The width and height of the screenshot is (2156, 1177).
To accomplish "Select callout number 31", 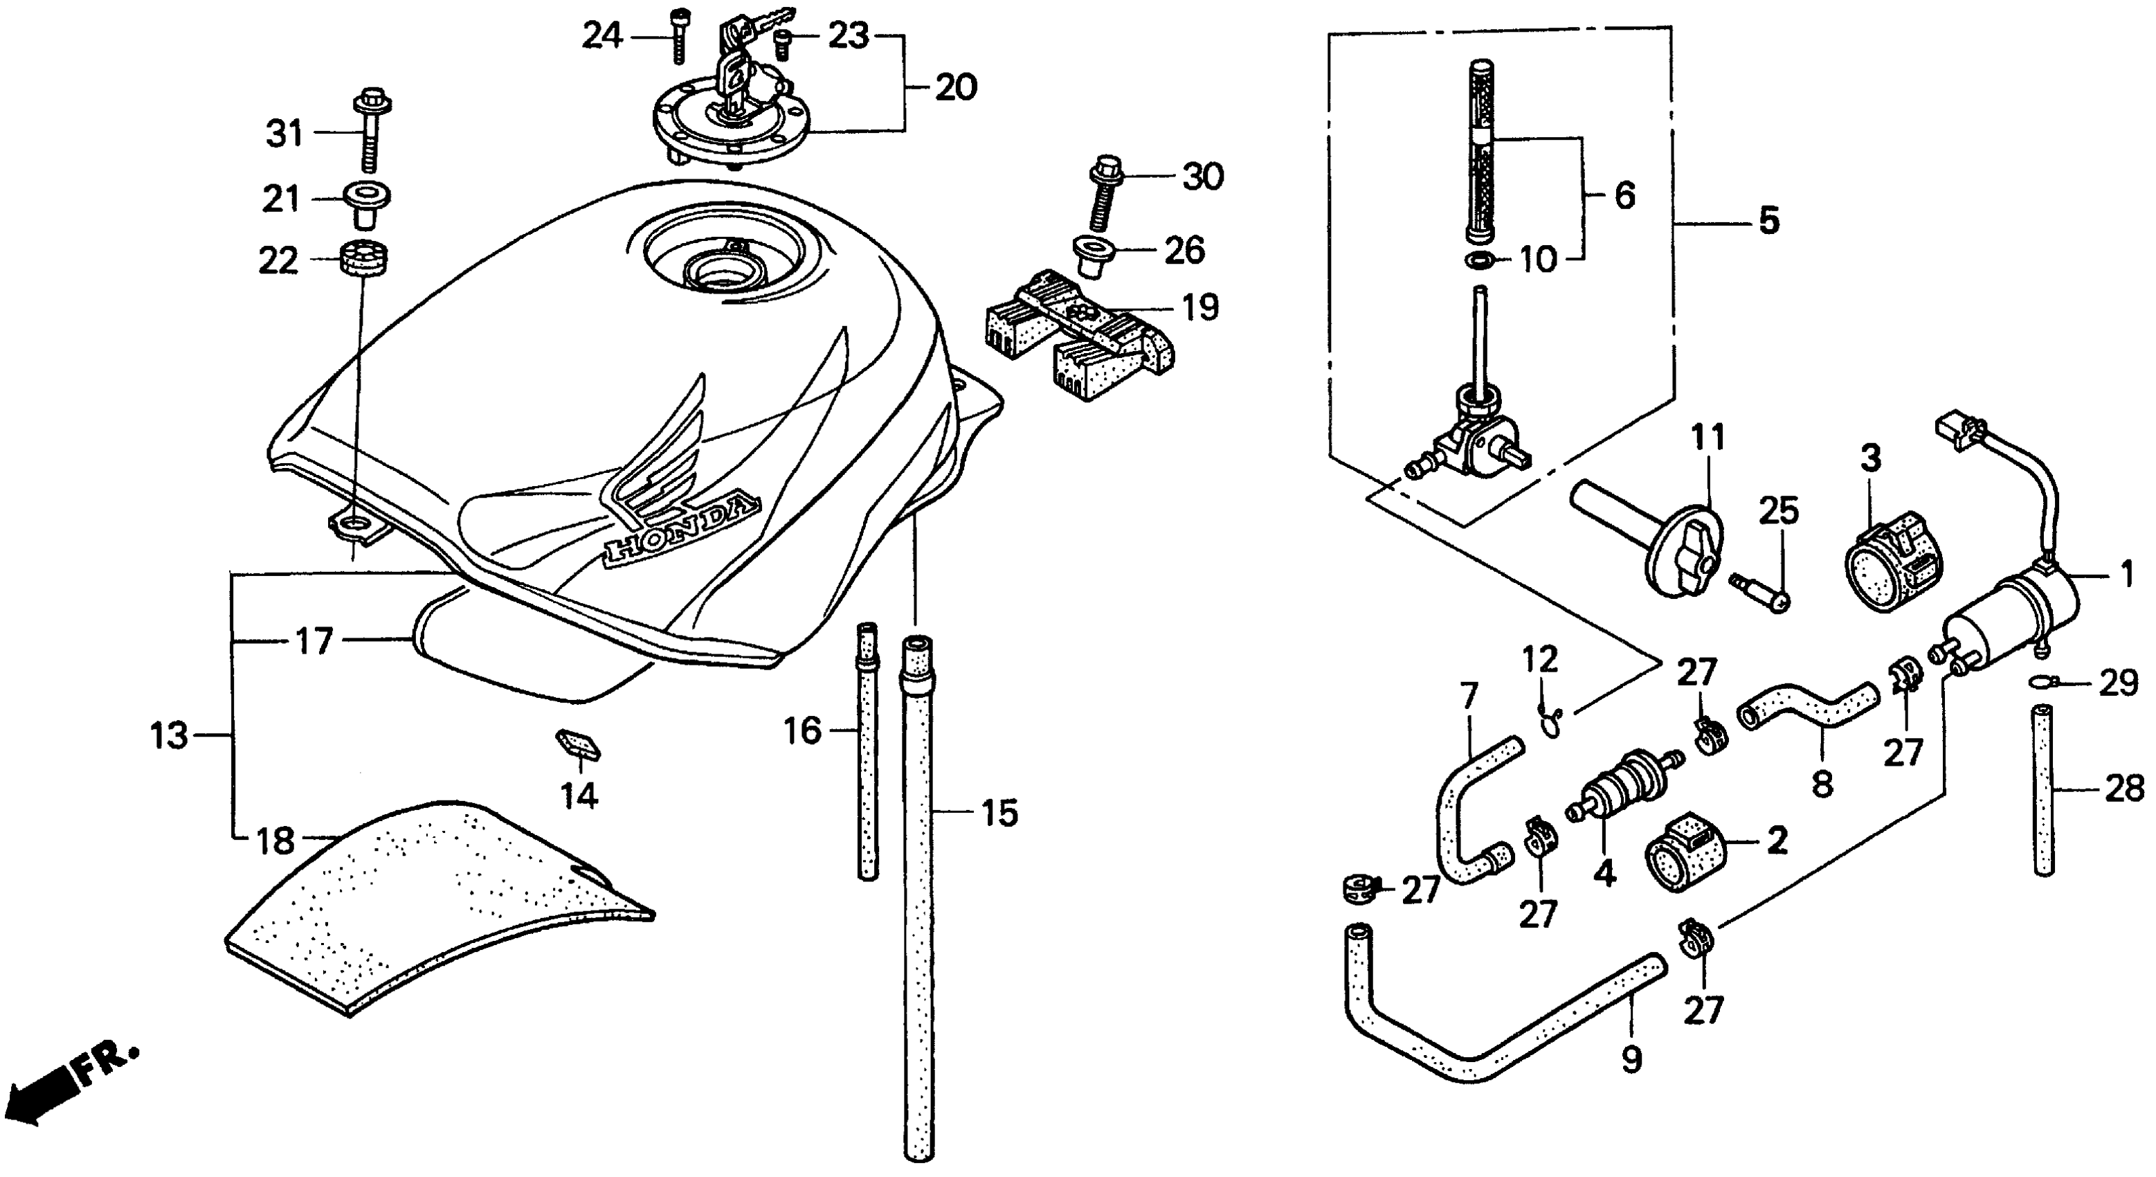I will point(284,134).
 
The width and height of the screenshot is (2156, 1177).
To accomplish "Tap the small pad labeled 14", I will point(577,744).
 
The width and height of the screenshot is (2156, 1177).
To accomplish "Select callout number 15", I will point(999,813).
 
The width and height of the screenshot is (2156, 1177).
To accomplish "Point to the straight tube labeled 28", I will point(2044,791).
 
